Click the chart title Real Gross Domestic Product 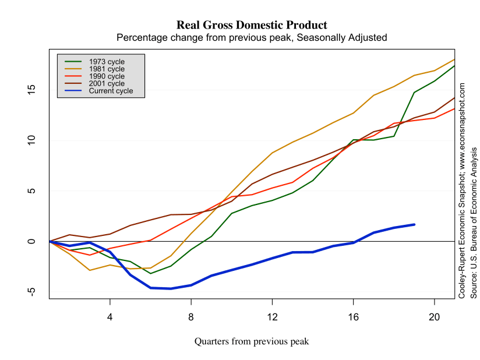coord(251,25)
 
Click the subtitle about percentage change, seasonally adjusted coord(251,37)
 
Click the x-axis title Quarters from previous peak coord(251,341)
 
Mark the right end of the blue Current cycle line coord(414,224)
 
